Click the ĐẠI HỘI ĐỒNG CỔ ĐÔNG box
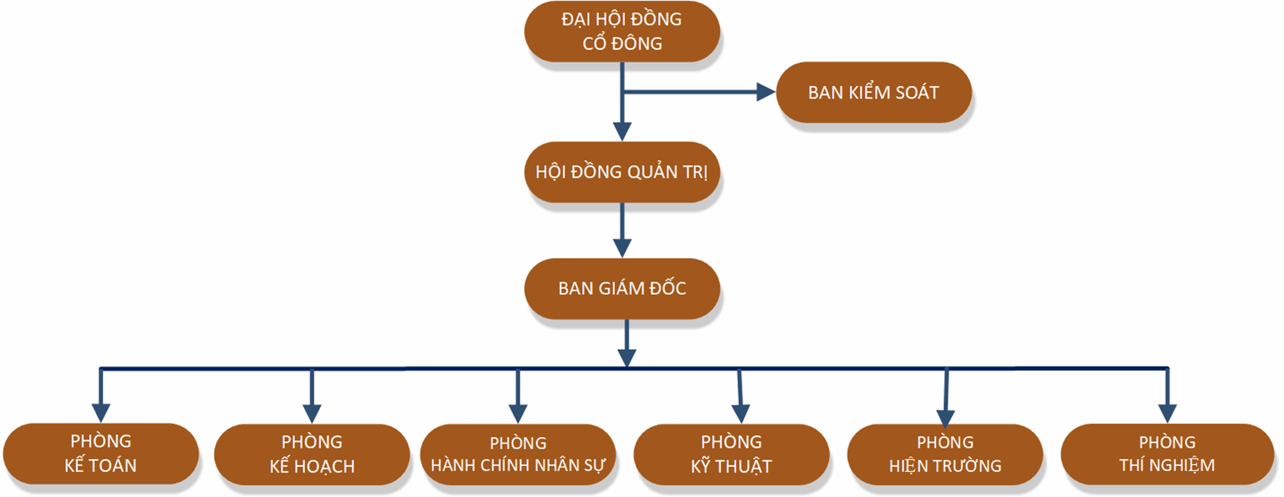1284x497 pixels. coord(622,32)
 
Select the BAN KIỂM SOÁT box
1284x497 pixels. coord(873,92)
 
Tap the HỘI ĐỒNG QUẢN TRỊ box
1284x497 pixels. coord(622,172)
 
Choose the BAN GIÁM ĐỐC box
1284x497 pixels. coord(622,288)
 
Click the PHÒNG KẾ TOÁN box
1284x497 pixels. coord(100,453)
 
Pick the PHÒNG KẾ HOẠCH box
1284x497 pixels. coord(311,454)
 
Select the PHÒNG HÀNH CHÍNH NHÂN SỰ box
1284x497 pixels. coord(518,454)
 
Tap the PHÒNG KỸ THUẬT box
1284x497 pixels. coord(731,454)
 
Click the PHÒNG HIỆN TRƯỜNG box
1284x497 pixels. coord(945,454)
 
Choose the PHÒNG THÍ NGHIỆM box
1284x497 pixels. coord(1167,454)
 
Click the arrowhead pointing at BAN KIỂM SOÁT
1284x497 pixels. coord(766,92)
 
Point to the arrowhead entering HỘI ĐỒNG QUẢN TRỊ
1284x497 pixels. coord(622,131)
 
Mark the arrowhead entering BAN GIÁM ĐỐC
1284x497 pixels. coord(622,248)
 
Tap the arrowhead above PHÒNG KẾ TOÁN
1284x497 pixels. coord(101,413)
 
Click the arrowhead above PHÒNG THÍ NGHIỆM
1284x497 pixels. coord(1168,413)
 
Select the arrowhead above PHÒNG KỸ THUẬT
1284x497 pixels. coord(741,414)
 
